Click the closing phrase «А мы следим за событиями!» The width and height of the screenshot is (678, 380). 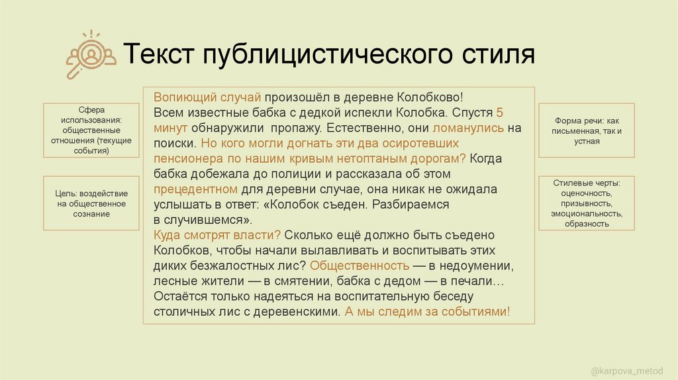point(427,312)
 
